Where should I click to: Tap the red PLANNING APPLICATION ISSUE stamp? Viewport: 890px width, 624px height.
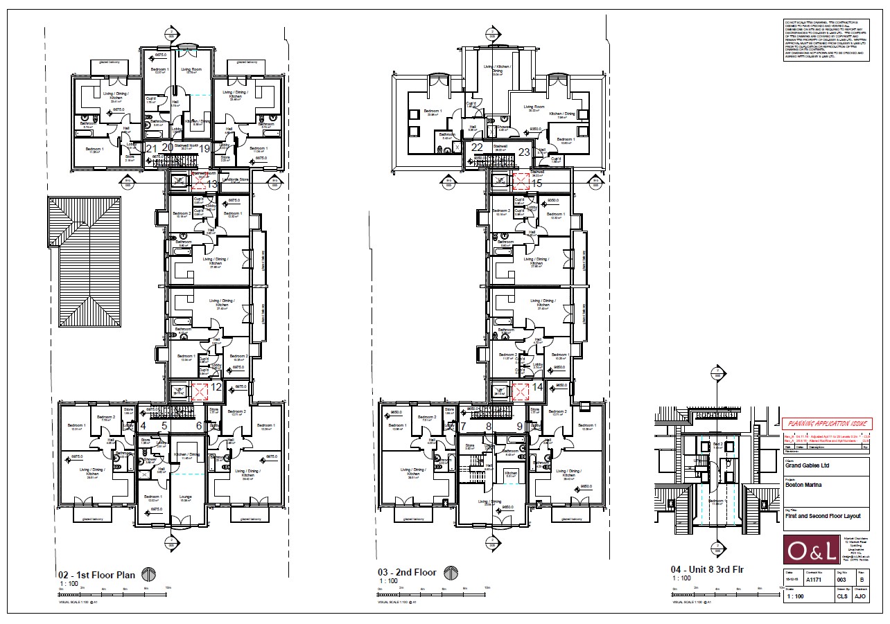(826, 424)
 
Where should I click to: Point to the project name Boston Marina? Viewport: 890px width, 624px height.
(803, 485)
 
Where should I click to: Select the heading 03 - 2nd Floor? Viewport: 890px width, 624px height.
(407, 573)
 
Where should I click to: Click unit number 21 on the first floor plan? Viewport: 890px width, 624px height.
(151, 147)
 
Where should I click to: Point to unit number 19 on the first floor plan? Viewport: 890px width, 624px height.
(204, 147)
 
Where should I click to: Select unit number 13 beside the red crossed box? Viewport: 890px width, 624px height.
(213, 183)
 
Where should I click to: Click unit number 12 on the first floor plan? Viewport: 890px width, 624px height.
(216, 387)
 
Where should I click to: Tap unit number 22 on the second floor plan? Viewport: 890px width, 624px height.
(476, 147)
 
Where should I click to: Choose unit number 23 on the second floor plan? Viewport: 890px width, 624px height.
(524, 152)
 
